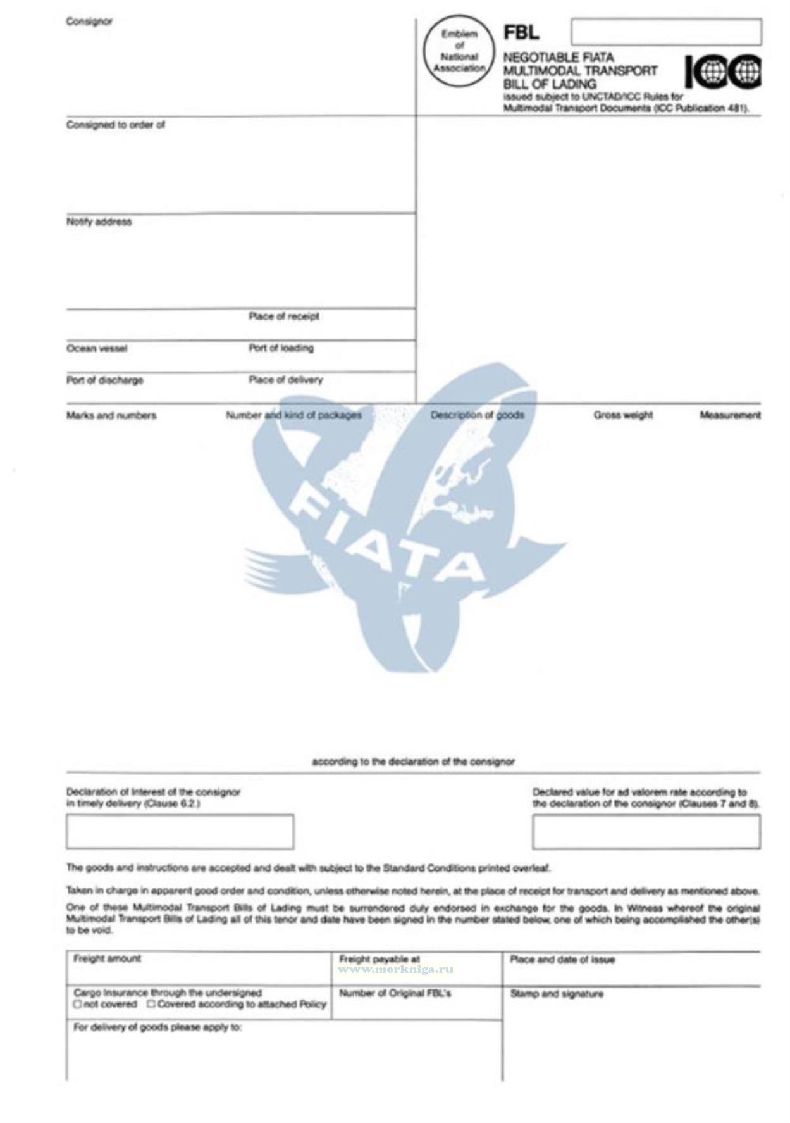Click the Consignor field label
tap(89, 22)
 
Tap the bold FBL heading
tap(521, 32)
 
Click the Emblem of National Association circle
tap(459, 51)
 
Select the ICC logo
tap(723, 72)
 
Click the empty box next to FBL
tap(665, 32)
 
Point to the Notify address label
tap(99, 222)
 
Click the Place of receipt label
tap(283, 316)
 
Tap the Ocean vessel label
tap(96, 348)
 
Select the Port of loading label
tap(281, 348)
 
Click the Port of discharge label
tap(104, 380)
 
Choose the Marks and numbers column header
tap(111, 415)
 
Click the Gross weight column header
tap(622, 415)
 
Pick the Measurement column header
tap(730, 415)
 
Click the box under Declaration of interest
tap(180, 831)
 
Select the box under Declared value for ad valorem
tap(646, 831)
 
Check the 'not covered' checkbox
tap(78, 1004)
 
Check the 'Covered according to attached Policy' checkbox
tap(151, 1004)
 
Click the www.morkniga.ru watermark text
tap(396, 969)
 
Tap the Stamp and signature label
tap(557, 994)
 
